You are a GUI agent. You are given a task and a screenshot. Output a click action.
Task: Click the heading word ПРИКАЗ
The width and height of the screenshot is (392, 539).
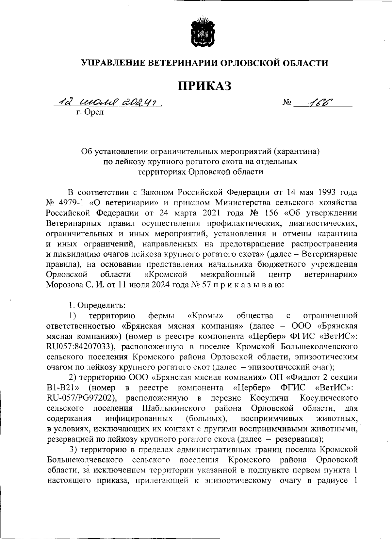pos(204,86)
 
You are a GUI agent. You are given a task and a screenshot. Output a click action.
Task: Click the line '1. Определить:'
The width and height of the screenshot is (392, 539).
pos(97,305)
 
